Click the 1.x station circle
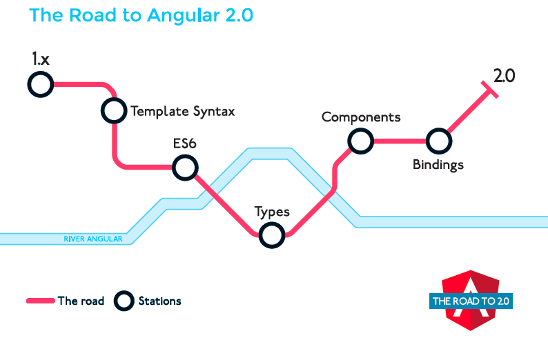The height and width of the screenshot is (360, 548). (40, 85)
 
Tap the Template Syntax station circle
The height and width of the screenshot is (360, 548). (114, 110)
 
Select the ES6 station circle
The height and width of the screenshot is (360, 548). (185, 166)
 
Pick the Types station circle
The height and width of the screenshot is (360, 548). (271, 235)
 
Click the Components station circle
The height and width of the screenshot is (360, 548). (359, 141)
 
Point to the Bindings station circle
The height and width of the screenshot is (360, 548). (438, 141)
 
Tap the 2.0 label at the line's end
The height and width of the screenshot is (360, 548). (504, 75)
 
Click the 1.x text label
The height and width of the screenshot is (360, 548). (40, 59)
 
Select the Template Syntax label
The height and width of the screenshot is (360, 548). (183, 110)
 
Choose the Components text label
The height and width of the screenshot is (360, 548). (361, 117)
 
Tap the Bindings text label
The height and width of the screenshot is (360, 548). (438, 165)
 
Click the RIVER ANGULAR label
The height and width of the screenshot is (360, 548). (92, 239)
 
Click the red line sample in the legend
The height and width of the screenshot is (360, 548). (40, 301)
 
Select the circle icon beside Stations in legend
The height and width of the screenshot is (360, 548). (124, 301)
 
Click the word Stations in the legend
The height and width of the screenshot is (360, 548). (159, 301)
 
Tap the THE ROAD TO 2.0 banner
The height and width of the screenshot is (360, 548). (472, 301)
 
